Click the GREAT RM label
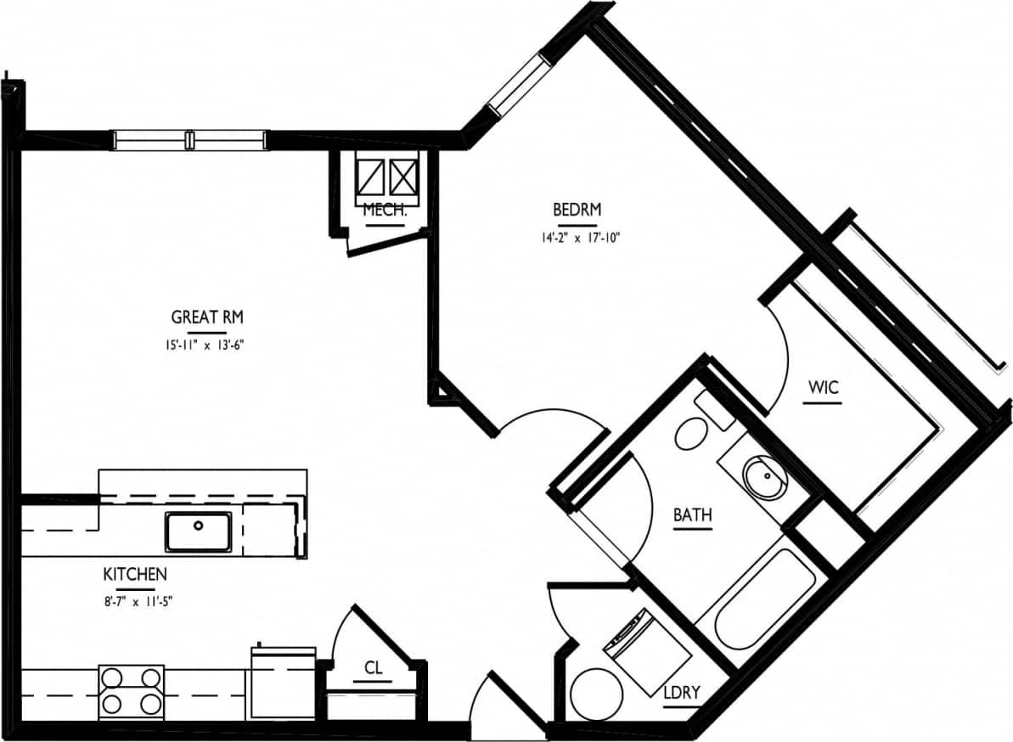(x=207, y=318)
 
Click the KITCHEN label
(x=135, y=575)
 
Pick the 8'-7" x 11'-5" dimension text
(x=136, y=602)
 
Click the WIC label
(x=823, y=388)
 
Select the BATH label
(x=692, y=514)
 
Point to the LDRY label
(x=682, y=693)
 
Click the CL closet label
(x=374, y=668)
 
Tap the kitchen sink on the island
(x=199, y=531)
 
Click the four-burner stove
(x=132, y=690)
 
